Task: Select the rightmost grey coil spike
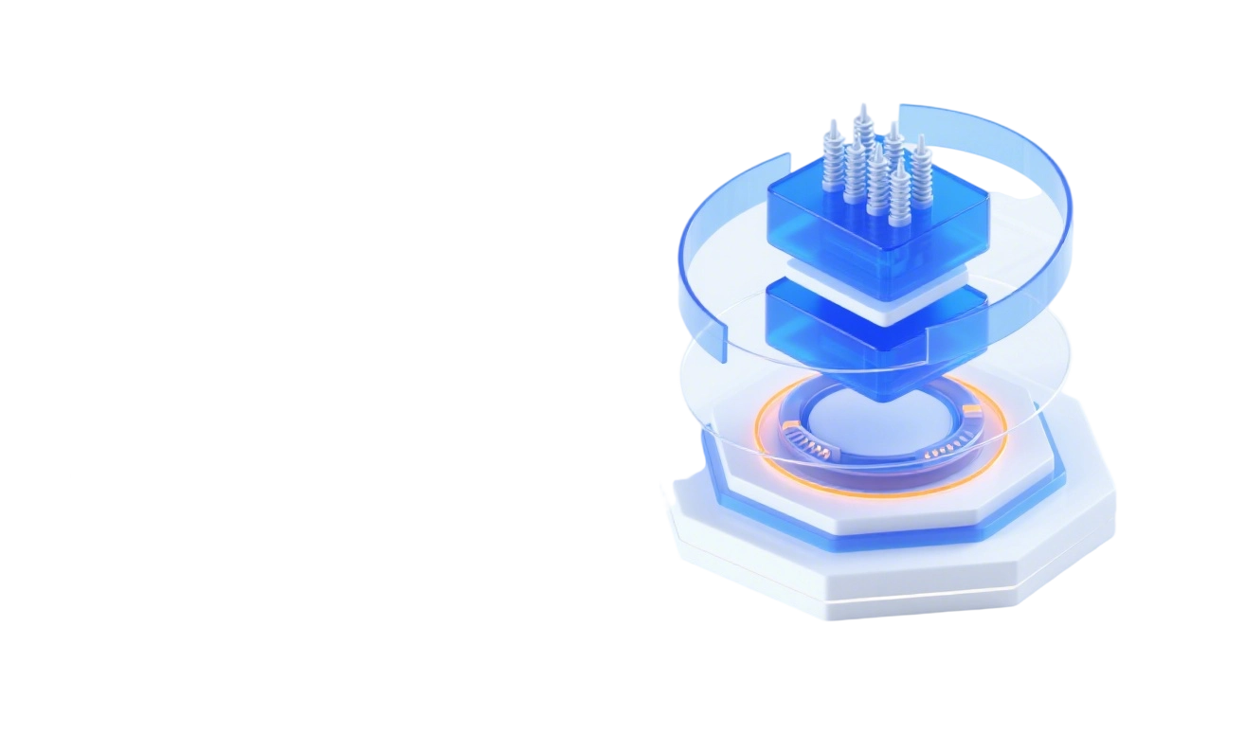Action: pyautogui.click(x=921, y=170)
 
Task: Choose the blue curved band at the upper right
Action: pyautogui.click(x=1042, y=170)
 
